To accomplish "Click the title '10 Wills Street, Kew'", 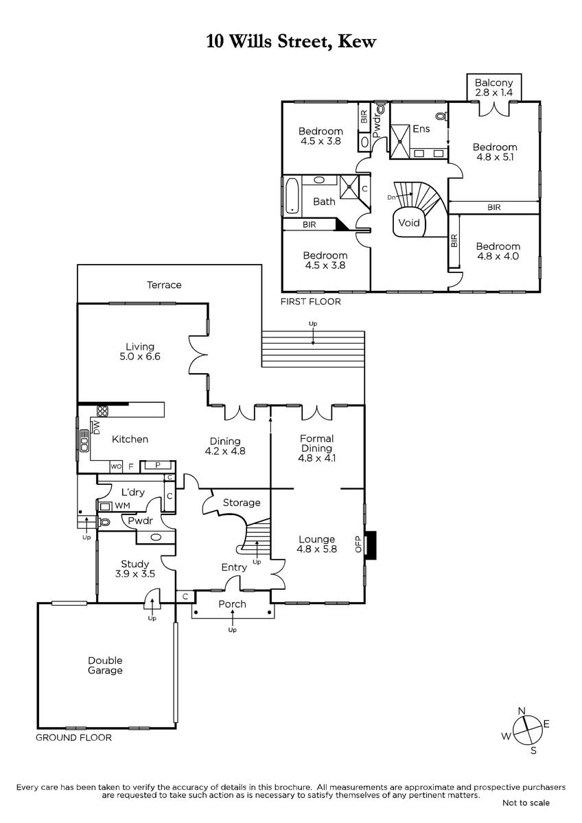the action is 291,42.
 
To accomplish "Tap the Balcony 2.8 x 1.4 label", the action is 493,88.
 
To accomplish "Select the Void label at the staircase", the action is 409,223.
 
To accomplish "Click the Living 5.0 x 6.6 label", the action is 140,351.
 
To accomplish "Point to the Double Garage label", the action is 105,665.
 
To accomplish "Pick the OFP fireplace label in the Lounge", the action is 358,544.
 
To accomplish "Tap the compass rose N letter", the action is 522,711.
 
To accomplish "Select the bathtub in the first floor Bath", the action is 292,196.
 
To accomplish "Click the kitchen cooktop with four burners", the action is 102,411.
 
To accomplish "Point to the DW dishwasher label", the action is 96,427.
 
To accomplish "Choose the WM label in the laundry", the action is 122,505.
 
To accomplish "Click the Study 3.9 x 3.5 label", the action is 135,569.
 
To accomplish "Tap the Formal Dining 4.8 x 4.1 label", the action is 316,448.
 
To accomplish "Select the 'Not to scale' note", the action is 526,803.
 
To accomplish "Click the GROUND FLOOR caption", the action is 73,737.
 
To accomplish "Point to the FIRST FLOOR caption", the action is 311,302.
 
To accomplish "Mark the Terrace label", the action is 164,285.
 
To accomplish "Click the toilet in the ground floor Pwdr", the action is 104,522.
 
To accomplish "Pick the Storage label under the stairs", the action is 242,502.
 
